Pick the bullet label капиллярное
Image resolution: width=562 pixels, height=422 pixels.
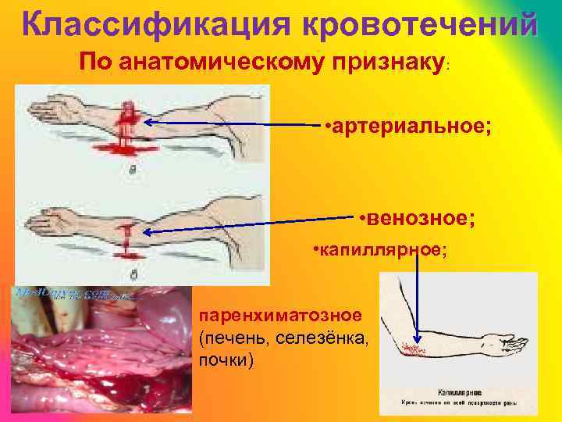[x=379, y=250]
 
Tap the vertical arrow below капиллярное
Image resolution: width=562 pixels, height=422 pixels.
[x=417, y=297]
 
